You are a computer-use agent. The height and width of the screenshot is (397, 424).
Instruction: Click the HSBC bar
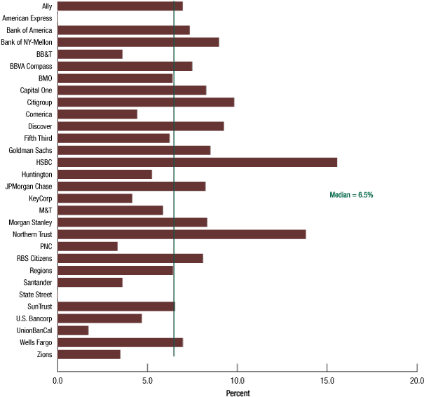[x=197, y=162]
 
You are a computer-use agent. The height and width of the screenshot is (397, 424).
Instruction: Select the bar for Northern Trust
[x=182, y=234]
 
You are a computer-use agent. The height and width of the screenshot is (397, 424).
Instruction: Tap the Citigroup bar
[x=146, y=102]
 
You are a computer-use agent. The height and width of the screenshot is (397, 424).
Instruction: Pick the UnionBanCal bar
[x=73, y=330]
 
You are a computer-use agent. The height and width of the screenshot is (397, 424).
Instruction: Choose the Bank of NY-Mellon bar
[x=138, y=42]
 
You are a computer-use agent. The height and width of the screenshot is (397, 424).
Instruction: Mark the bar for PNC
[x=88, y=246]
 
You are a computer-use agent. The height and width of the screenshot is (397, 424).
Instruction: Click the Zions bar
[x=89, y=354]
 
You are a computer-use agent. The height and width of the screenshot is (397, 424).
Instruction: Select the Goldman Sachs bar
[x=134, y=150]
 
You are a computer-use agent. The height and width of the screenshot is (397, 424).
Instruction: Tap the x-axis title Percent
[x=238, y=393]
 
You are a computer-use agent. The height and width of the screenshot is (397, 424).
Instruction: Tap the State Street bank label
[x=35, y=294]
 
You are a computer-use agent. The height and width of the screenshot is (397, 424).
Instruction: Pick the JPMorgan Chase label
[x=29, y=186]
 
